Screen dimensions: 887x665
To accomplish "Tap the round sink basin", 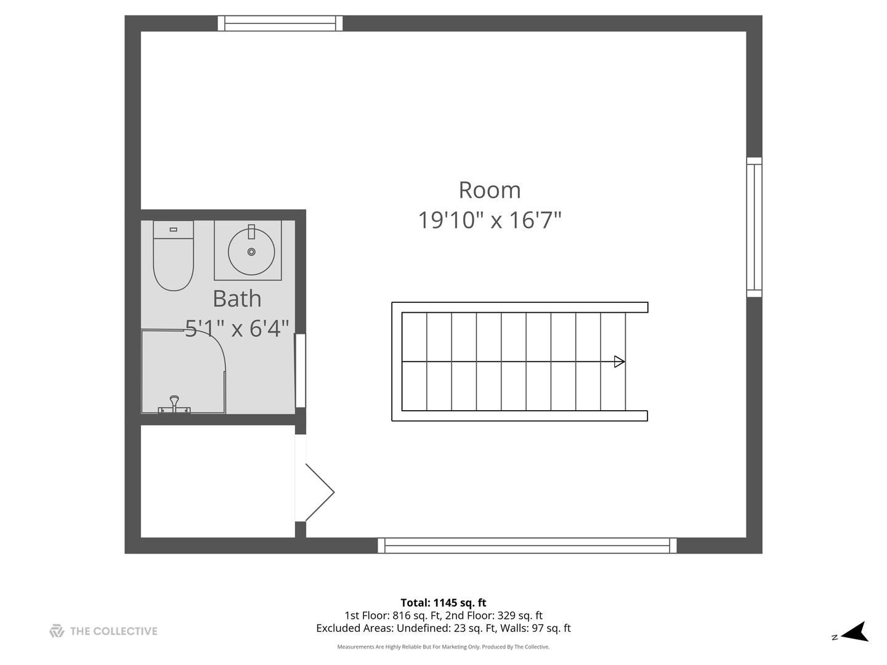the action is (x=251, y=252).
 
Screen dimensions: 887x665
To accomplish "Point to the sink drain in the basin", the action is (x=251, y=252).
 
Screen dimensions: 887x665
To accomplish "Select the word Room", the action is (x=489, y=190).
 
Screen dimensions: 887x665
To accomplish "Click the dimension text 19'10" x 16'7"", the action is (x=489, y=220).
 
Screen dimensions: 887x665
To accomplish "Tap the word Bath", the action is (x=237, y=299).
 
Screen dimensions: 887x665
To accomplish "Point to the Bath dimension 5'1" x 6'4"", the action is (x=237, y=328).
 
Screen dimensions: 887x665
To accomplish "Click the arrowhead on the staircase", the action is (x=619, y=361).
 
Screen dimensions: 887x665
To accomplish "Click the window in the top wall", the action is (x=280, y=23).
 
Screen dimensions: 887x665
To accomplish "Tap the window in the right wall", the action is (x=754, y=227).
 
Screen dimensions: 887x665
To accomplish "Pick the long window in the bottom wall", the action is (x=527, y=546).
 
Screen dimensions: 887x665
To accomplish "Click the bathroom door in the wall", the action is (x=300, y=371).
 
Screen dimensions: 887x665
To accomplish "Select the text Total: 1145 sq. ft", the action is (x=443, y=603).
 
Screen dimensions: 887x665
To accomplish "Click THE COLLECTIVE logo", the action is (x=103, y=631).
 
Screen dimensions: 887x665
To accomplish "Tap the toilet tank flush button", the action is (x=173, y=229).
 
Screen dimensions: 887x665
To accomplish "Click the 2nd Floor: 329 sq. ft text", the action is (x=494, y=615).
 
